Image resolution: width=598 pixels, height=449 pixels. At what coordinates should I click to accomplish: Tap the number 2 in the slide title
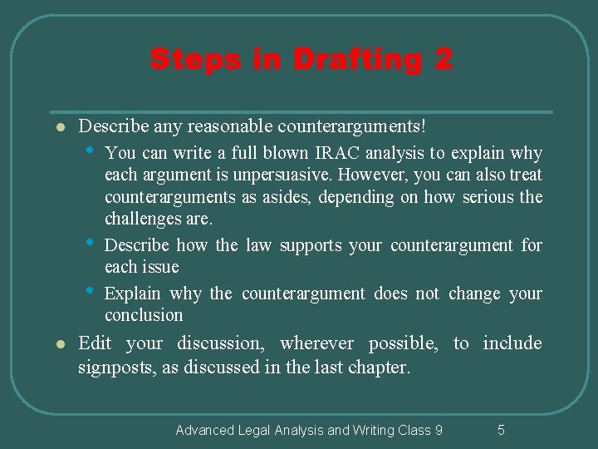pyautogui.click(x=442, y=60)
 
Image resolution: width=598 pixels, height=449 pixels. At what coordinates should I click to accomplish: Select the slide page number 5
pyautogui.click(x=501, y=430)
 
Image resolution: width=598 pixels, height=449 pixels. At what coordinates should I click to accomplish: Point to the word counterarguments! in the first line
pyautogui.click(x=353, y=127)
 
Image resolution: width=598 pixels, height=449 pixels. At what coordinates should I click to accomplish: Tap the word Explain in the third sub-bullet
pyautogui.click(x=133, y=294)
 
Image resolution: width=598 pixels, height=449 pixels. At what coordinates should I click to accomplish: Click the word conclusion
pyautogui.click(x=144, y=315)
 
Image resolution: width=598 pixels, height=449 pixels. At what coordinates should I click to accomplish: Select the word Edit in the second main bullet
pyautogui.click(x=95, y=343)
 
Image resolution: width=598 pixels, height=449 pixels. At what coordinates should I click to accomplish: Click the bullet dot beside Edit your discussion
pyautogui.click(x=51, y=344)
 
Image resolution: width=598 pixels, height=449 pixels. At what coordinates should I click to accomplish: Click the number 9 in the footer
pyautogui.click(x=439, y=430)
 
